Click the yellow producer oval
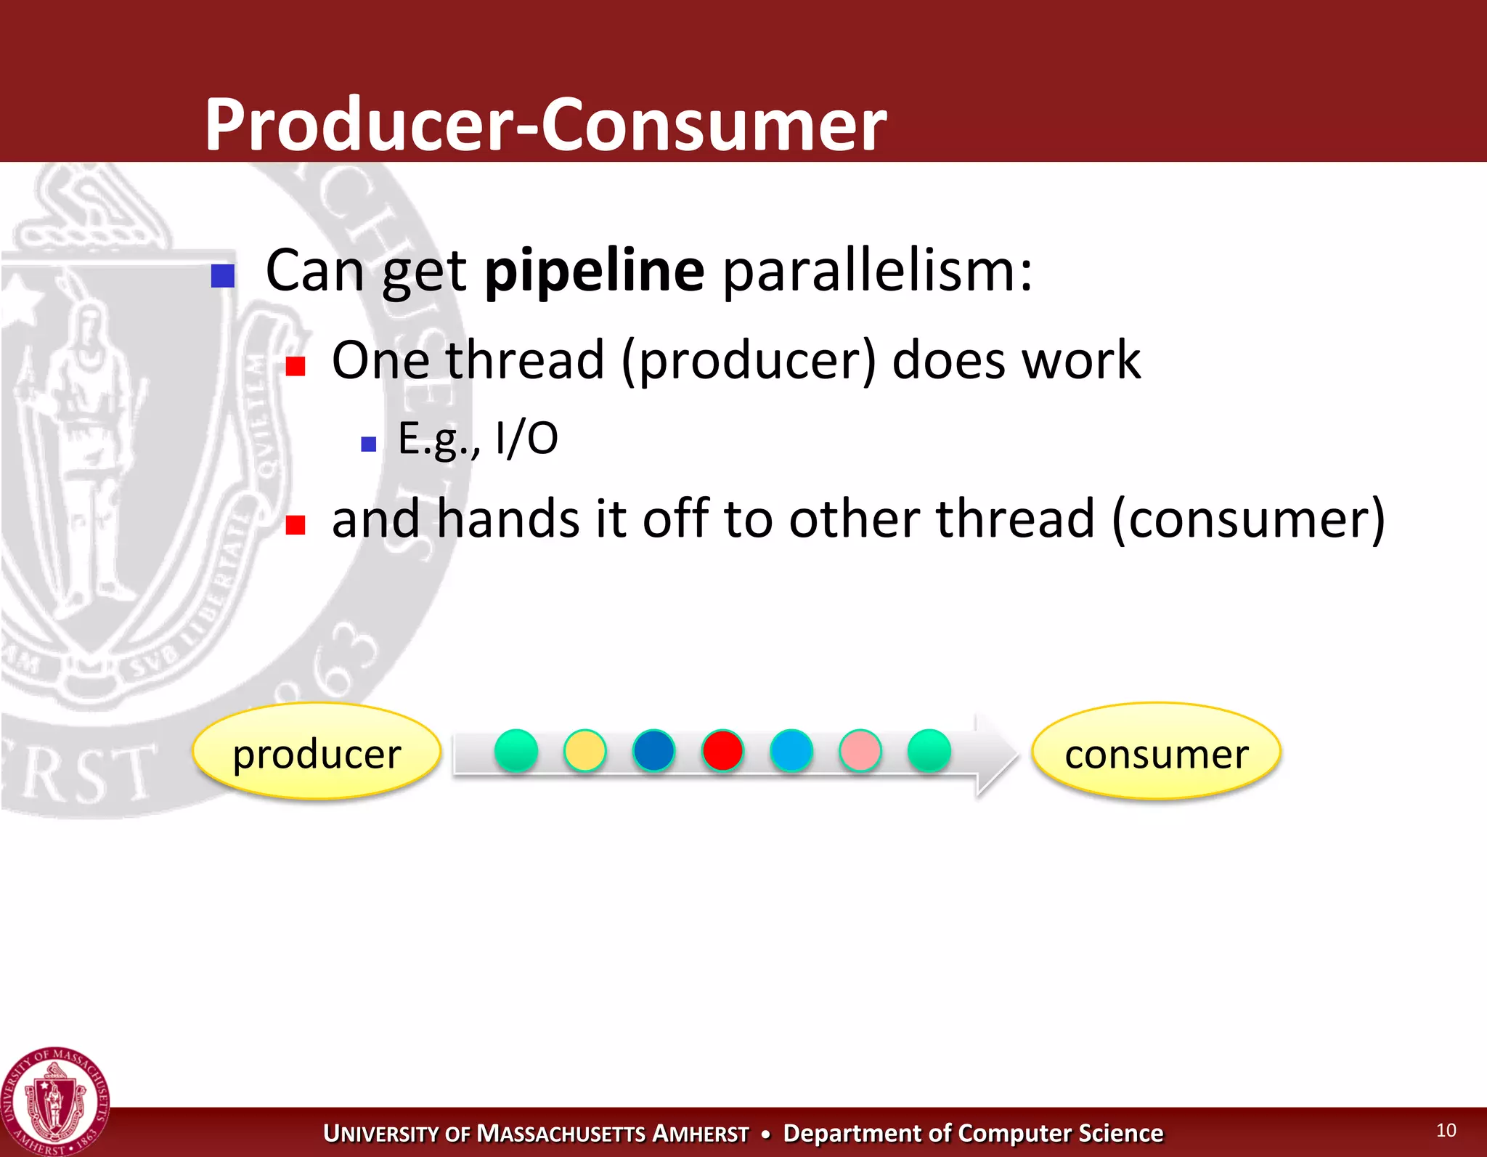[x=317, y=751]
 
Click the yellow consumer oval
[x=1156, y=751]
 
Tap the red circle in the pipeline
[x=722, y=750]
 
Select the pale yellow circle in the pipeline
[x=584, y=750]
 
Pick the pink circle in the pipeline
[x=860, y=750]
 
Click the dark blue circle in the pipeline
[x=653, y=750]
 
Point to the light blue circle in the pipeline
[x=791, y=750]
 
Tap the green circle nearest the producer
[x=516, y=750]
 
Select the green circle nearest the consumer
[x=929, y=750]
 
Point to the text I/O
[x=526, y=439]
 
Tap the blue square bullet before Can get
[x=223, y=276]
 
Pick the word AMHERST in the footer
[x=701, y=1133]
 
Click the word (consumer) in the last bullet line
[x=1248, y=520]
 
